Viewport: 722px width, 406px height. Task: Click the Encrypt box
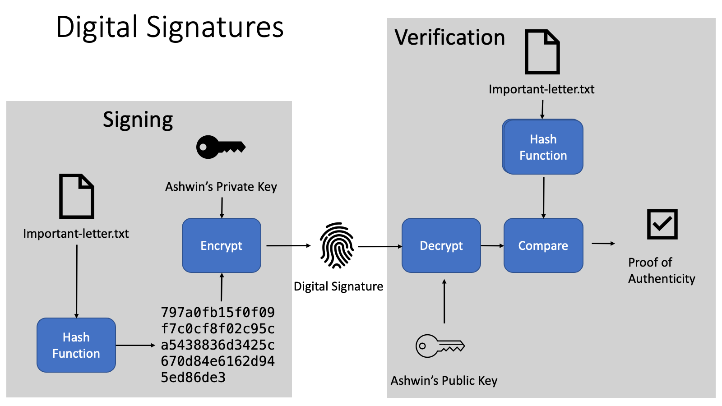point(221,245)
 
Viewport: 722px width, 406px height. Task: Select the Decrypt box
point(441,245)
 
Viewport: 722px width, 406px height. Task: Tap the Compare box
point(543,245)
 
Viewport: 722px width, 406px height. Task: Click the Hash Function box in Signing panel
point(76,345)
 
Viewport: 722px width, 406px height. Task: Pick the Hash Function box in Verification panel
point(543,147)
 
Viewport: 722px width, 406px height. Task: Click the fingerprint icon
point(337,245)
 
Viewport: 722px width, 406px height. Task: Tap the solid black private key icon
point(220,147)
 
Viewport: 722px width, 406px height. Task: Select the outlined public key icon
point(440,346)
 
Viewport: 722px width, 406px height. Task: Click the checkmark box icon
point(662,224)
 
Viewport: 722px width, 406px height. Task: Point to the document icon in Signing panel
point(77,196)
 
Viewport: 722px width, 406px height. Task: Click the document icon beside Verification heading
point(542,52)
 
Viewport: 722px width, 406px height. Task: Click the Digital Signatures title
point(170,27)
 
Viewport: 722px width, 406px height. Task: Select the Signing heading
point(138,120)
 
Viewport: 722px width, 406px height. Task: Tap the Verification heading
point(449,37)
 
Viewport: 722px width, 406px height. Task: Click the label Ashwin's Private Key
point(221,187)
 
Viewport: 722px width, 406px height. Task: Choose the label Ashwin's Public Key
point(444,381)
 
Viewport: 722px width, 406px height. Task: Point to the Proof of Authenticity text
point(661,270)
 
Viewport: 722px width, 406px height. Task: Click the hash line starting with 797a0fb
point(218,312)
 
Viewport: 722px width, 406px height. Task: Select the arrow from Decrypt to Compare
point(492,246)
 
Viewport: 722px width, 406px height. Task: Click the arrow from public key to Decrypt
point(444,301)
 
